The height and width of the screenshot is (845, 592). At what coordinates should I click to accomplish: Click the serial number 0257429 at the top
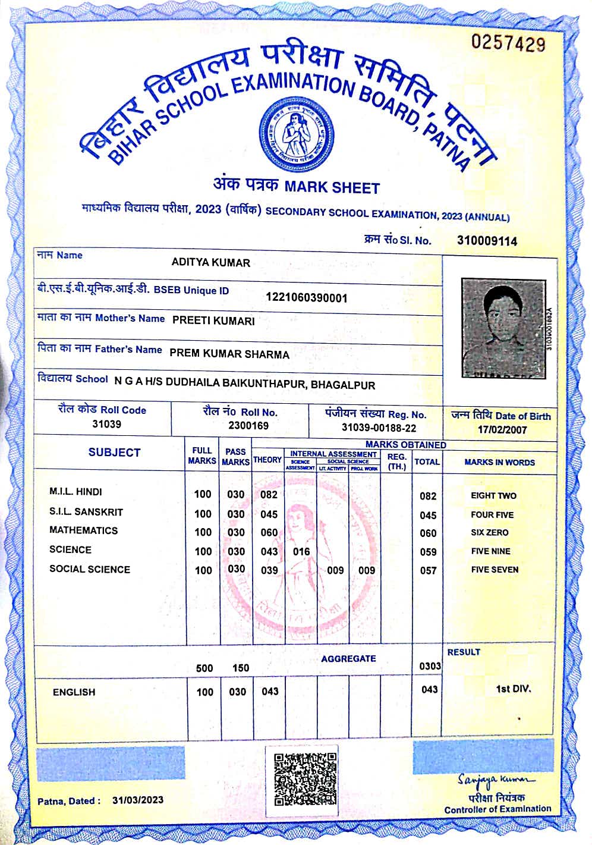[x=508, y=43]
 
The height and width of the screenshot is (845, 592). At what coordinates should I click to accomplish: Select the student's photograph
[x=503, y=328]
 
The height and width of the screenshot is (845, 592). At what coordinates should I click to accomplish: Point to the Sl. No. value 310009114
[x=487, y=241]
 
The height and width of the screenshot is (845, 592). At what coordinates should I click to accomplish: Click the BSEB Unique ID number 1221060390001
[x=306, y=297]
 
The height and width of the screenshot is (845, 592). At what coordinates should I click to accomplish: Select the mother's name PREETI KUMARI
[x=213, y=321]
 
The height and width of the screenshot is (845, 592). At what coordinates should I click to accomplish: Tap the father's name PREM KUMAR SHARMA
[x=229, y=354]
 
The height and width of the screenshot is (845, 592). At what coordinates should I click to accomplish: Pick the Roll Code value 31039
[x=106, y=424]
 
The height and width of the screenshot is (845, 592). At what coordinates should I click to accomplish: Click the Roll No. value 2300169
[x=248, y=425]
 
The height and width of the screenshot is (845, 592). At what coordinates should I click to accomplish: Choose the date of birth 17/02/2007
[x=502, y=429]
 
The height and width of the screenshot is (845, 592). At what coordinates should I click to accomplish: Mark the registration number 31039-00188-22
[x=379, y=428]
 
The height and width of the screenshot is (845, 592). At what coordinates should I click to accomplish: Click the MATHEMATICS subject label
[x=83, y=530]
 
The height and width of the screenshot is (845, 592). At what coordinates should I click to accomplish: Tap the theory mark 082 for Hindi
[x=269, y=495]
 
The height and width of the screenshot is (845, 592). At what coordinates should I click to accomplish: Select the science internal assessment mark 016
[x=301, y=552]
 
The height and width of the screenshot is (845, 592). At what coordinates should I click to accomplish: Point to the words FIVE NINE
[x=490, y=551]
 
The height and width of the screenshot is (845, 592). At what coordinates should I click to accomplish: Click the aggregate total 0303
[x=430, y=666]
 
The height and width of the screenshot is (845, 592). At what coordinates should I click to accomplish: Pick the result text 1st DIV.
[x=513, y=689]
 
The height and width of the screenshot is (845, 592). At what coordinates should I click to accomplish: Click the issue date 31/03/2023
[x=137, y=800]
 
